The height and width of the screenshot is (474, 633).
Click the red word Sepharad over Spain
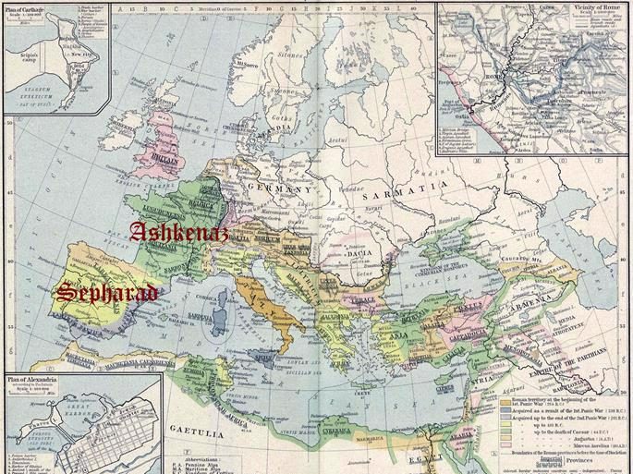pos(106,293)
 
